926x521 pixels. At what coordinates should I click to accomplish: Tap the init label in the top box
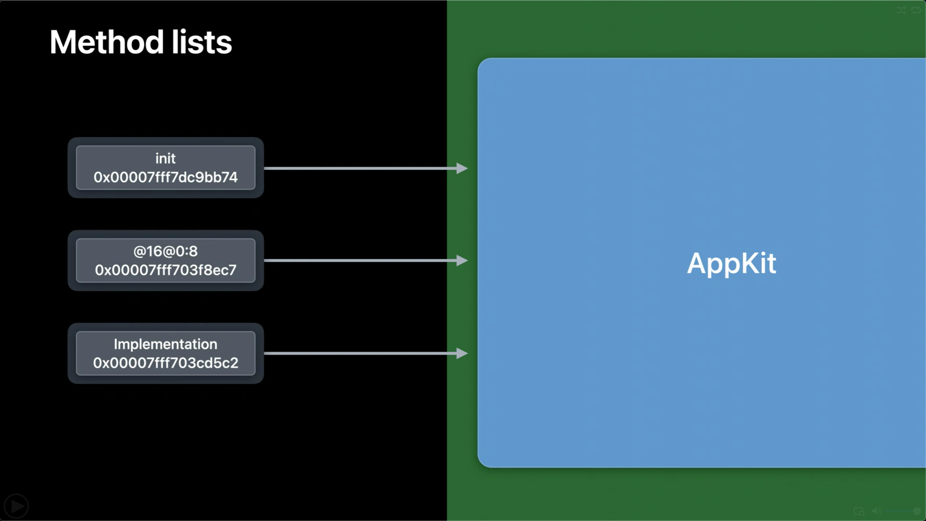(165, 158)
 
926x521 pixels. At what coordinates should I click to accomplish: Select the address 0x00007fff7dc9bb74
(165, 177)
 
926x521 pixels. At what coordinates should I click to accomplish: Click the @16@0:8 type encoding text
(165, 251)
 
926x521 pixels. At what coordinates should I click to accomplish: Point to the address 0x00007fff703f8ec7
(165, 270)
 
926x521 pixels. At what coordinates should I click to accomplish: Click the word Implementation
(165, 344)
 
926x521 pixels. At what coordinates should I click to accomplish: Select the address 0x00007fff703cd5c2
(165, 363)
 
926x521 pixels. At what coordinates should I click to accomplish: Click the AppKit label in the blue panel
(731, 264)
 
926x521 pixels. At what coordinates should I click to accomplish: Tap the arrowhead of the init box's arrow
(462, 168)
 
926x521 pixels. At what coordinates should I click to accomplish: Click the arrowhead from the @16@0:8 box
(462, 260)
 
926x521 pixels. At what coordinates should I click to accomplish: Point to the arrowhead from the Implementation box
(462, 353)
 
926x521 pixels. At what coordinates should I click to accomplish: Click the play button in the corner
(16, 506)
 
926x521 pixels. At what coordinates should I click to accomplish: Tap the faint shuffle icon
(901, 10)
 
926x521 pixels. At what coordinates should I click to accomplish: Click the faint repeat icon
(916, 10)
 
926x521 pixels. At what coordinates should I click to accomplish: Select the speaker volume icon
(876, 511)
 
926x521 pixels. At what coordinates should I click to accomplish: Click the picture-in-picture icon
(859, 511)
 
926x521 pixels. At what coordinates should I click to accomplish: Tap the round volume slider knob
(917, 511)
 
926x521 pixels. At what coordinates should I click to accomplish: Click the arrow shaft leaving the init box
(360, 168)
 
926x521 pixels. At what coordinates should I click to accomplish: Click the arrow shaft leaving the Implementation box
(360, 353)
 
